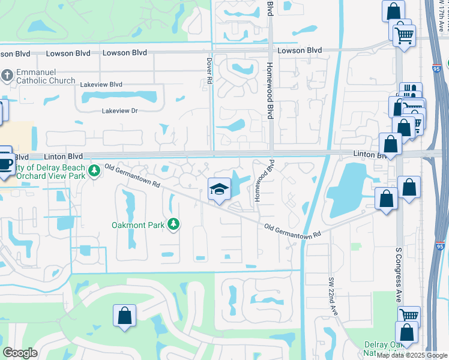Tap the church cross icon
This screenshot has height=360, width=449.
pos(7,75)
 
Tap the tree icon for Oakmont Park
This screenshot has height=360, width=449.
pos(173,224)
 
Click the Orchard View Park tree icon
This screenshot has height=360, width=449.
pos(94,172)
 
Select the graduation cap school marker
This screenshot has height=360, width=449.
pos(218,190)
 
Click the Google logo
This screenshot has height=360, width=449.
pos(20,353)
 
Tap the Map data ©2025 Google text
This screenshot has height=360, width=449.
pos(412,355)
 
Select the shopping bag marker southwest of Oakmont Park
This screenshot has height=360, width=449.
pos(124,316)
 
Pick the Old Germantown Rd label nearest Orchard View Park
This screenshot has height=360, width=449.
pos(133,176)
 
